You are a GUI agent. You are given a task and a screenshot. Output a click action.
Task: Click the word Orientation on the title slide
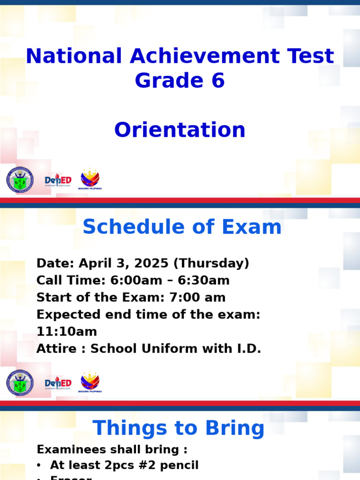click(180, 130)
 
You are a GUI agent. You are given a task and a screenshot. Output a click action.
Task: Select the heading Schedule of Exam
click(182, 227)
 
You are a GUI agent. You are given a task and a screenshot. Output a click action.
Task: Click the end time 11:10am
click(67, 331)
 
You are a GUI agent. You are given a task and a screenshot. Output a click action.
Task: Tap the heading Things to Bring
click(178, 428)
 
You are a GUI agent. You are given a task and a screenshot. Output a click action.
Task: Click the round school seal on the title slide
click(20, 180)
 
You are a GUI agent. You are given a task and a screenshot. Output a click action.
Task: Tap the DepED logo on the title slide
click(58, 180)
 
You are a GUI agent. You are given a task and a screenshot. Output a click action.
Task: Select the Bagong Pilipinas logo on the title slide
click(90, 179)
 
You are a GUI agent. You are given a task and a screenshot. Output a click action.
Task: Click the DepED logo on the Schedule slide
click(58, 383)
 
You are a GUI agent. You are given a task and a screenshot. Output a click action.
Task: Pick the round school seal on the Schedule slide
click(20, 383)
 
